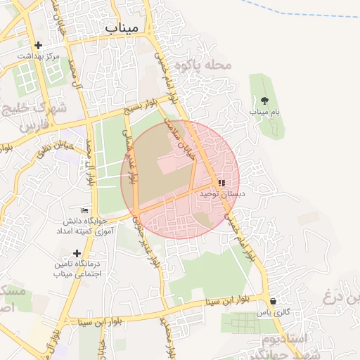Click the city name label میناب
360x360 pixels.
pyautogui.click(x=124, y=27)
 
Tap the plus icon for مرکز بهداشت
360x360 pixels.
pyautogui.click(x=38, y=46)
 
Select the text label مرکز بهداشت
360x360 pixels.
pyautogui.click(x=39, y=56)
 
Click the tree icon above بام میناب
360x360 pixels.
pyautogui.click(x=264, y=101)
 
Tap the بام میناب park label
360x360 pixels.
pyautogui.click(x=264, y=112)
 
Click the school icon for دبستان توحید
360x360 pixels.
pyautogui.click(x=221, y=183)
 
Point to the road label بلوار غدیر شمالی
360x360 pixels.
pyautogui.click(x=132, y=154)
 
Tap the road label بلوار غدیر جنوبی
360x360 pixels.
pyautogui.click(x=146, y=243)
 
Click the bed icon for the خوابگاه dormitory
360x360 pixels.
pyautogui.click(x=85, y=211)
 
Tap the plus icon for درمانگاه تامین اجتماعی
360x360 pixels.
pyautogui.click(x=77, y=253)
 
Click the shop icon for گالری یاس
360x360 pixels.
pyautogui.click(x=273, y=301)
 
